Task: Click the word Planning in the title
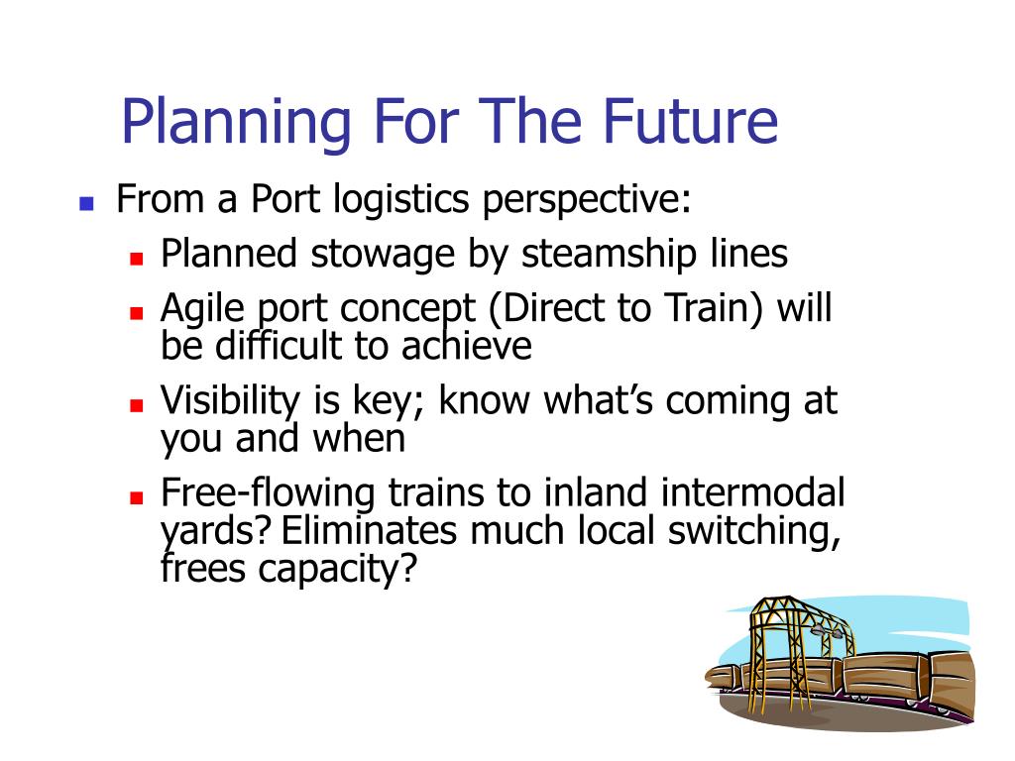coord(236,122)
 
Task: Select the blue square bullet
coord(86,204)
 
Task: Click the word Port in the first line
coord(284,198)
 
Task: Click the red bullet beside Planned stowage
coord(136,259)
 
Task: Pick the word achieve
coord(466,346)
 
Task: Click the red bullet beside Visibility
coord(136,405)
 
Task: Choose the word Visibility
coord(230,402)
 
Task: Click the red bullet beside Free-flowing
coord(136,497)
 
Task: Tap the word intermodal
coord(753,493)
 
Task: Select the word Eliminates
coord(369,531)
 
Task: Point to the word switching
coord(754,532)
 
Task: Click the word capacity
coord(337,571)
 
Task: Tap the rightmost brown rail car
coord(952,683)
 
